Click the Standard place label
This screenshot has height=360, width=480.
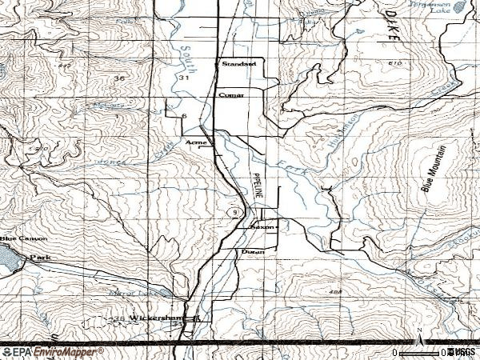[238, 63]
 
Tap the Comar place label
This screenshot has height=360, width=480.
[231, 94]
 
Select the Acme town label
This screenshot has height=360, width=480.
[196, 142]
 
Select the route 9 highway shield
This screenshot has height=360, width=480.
[232, 212]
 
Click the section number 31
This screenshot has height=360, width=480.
[185, 78]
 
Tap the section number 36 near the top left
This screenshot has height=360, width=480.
[120, 78]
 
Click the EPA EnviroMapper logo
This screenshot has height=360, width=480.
[53, 351]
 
